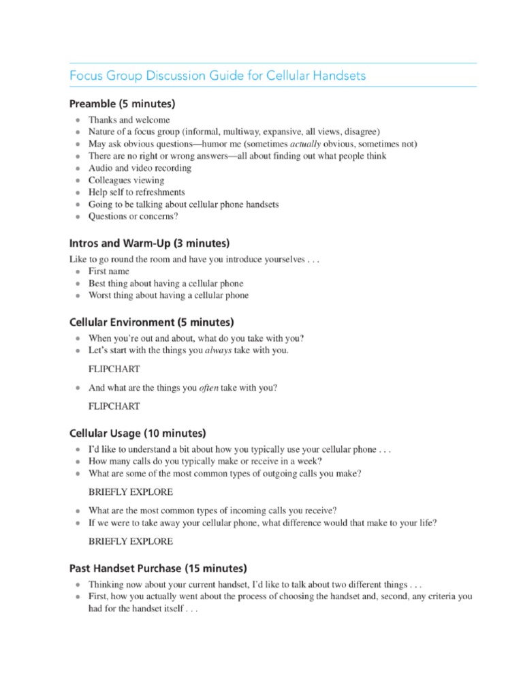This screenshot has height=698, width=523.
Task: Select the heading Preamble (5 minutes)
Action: [122, 104]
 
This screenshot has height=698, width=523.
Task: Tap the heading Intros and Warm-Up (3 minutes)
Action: [149, 243]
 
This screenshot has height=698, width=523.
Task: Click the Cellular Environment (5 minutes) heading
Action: [152, 321]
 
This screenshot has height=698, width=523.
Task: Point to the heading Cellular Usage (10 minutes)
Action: [138, 433]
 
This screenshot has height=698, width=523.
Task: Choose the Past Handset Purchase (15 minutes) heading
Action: [158, 567]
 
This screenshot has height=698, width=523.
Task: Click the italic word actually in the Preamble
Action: [306, 144]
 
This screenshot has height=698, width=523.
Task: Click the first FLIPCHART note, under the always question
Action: [114, 369]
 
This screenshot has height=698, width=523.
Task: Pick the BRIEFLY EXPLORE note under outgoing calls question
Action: [131, 491]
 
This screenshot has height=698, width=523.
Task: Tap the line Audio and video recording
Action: [140, 168]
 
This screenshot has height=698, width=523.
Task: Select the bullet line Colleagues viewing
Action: [126, 181]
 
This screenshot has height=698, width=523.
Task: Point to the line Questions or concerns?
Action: [133, 217]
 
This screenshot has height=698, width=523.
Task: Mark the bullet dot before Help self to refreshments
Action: [78, 193]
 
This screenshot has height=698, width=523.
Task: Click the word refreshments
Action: [161, 193]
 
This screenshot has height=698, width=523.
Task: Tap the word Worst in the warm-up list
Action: [101, 295]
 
